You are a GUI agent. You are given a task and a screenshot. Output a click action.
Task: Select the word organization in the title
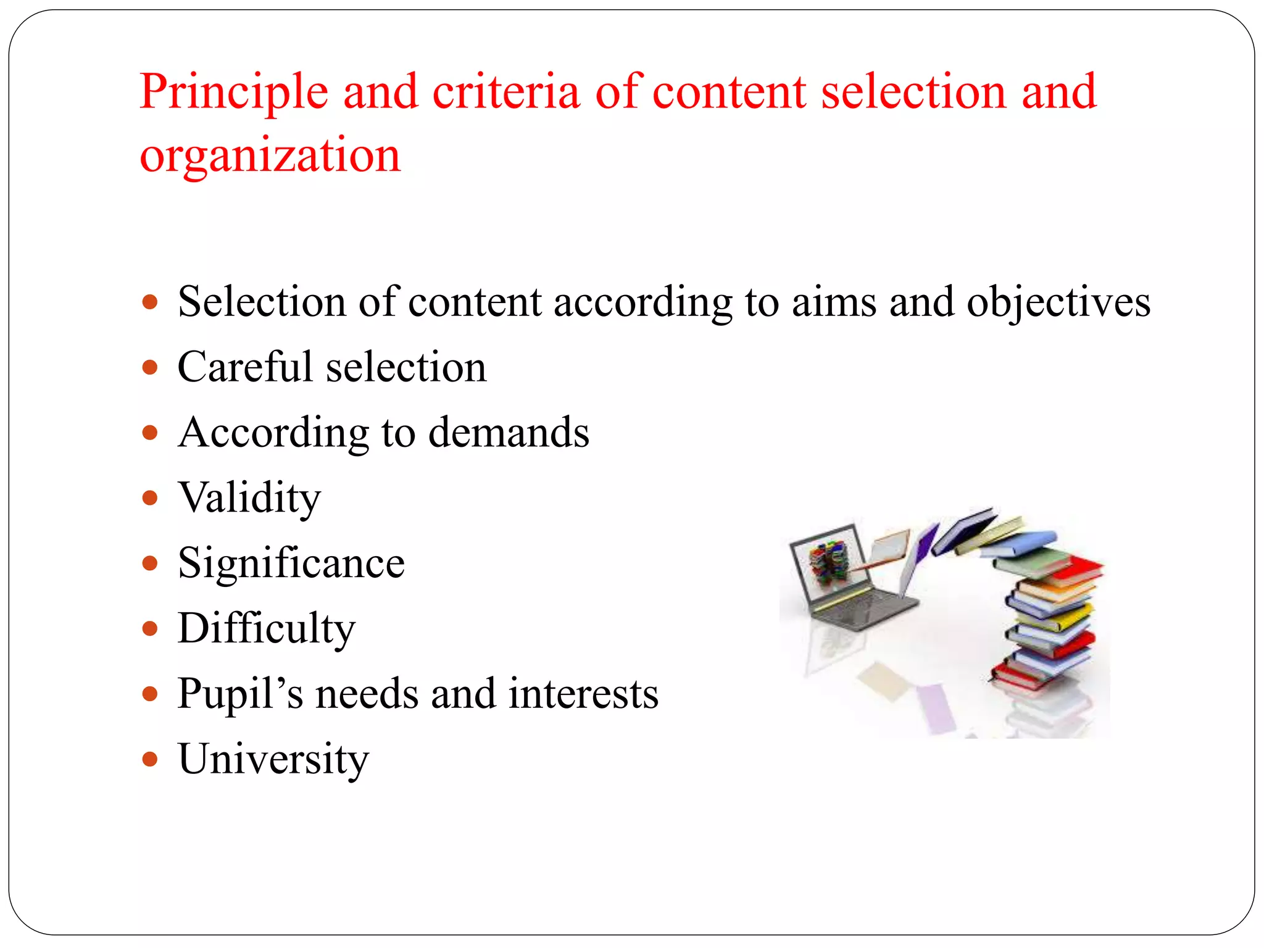[x=270, y=156]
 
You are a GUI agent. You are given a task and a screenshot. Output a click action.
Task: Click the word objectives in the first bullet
[x=1058, y=303]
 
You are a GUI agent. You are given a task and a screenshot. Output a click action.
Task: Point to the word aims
[x=833, y=303]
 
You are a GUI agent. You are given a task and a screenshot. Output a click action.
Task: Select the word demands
[x=509, y=432]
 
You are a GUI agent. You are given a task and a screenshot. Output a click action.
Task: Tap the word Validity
[x=249, y=497]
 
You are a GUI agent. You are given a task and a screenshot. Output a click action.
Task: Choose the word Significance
[x=291, y=563]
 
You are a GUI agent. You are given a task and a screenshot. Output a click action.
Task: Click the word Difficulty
[x=267, y=629]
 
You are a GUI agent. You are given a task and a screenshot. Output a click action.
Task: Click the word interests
[x=583, y=694]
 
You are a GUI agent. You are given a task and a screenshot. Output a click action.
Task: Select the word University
[x=273, y=759]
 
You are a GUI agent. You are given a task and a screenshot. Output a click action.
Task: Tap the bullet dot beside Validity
[x=149, y=497]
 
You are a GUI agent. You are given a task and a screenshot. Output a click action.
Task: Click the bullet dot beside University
[x=149, y=759]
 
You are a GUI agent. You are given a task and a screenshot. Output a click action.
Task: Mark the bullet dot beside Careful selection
[x=149, y=368]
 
